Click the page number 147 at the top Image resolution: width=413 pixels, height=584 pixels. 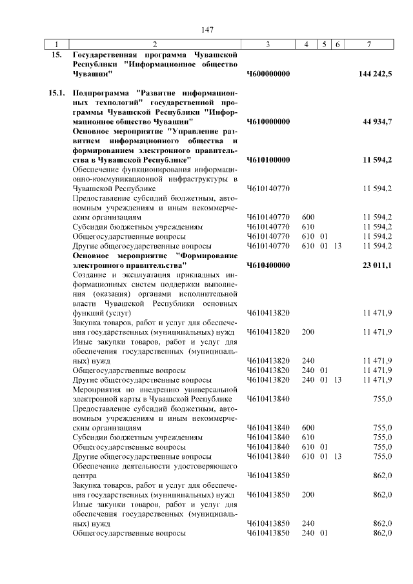click(x=207, y=30)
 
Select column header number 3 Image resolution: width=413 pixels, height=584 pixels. click(x=267, y=45)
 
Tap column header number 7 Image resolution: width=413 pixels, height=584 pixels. click(x=368, y=45)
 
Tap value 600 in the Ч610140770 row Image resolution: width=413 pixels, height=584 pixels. click(x=308, y=217)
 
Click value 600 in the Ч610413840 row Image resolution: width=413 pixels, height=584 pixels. click(x=308, y=428)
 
